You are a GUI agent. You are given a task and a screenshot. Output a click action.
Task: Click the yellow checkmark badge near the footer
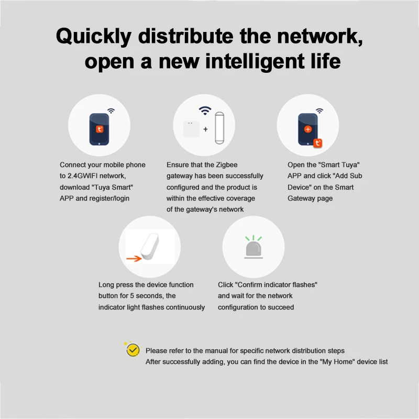[x=133, y=350]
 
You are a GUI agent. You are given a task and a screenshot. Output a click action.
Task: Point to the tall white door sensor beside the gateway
[x=218, y=128]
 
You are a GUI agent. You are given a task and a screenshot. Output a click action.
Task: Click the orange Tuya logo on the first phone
[x=99, y=128]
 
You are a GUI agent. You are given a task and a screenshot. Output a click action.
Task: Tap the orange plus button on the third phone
[x=307, y=129]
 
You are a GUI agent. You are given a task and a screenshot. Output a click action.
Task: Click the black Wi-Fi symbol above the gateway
[x=205, y=111]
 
